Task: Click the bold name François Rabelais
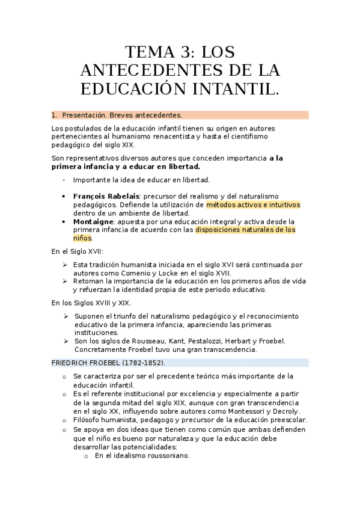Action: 106,196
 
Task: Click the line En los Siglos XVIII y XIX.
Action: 91,303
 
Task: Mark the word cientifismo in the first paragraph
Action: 229,137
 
